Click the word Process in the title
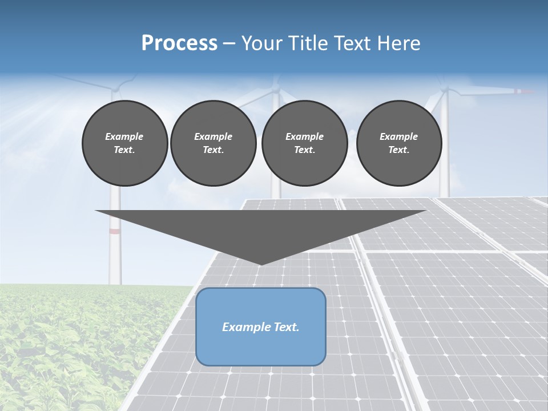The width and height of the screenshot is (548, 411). pos(179,43)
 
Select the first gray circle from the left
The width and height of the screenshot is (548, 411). pos(124,143)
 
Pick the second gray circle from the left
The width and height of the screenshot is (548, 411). pos(213,143)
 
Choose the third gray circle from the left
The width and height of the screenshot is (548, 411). pos(304,143)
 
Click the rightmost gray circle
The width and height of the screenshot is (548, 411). pos(399,143)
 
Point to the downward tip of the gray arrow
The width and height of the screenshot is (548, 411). pos(261,263)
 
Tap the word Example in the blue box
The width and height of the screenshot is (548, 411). pos(245,327)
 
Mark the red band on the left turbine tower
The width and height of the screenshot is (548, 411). pos(115,231)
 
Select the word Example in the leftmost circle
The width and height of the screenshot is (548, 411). pos(124,136)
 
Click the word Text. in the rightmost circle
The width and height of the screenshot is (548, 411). pos(399,150)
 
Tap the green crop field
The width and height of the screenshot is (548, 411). pos(74,348)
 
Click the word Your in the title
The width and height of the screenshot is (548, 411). pos(260,43)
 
